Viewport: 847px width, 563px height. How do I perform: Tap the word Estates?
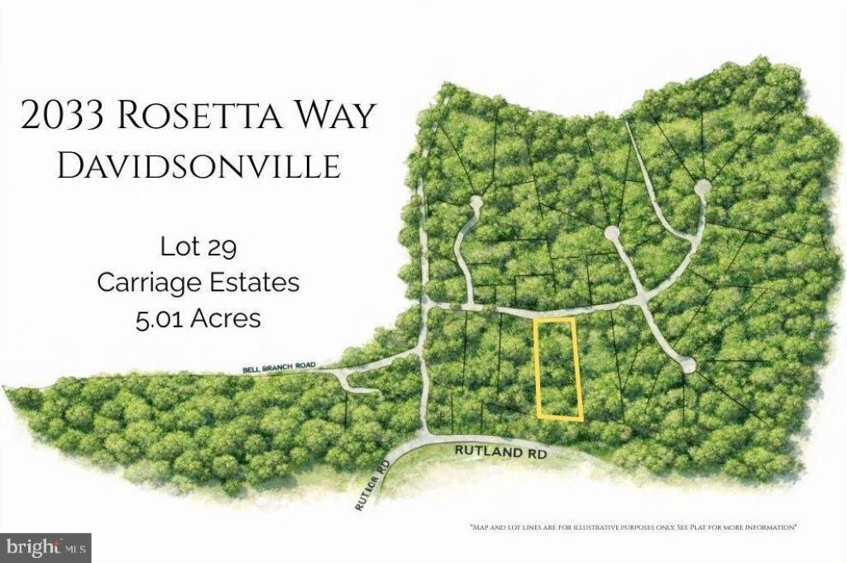tap(253, 282)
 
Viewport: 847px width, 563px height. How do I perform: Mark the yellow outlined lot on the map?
tap(558, 368)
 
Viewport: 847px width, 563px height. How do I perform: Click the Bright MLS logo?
tap(45, 546)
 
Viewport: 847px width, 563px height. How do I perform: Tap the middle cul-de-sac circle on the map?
tap(611, 234)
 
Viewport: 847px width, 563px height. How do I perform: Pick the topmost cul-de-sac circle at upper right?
tap(701, 187)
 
